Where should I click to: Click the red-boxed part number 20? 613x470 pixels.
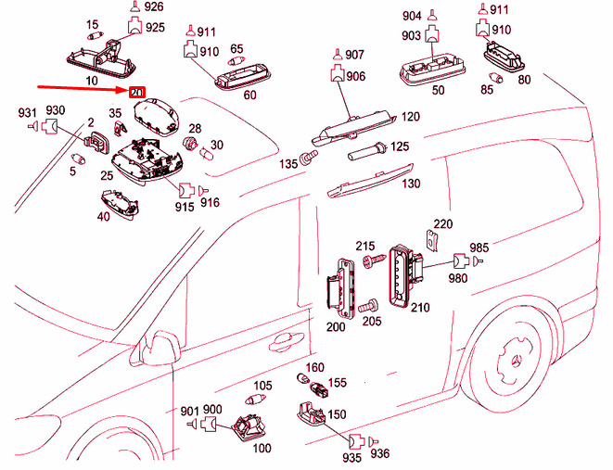point(137,93)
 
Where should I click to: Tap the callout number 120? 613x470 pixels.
point(410,117)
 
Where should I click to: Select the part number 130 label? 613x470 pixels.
point(411,184)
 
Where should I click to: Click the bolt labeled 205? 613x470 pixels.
point(368,306)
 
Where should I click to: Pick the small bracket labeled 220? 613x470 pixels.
point(432,240)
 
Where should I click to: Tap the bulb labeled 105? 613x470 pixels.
point(255,400)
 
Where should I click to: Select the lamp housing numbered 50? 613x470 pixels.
point(432,70)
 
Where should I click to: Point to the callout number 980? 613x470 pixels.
point(458,278)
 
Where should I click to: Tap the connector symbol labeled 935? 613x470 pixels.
point(356,441)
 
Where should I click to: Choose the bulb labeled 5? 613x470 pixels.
point(78,159)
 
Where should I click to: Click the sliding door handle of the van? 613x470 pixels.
point(286,341)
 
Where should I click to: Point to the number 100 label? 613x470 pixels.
point(262,448)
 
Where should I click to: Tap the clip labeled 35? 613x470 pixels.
point(121,127)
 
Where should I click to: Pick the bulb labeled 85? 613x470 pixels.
point(496,77)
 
